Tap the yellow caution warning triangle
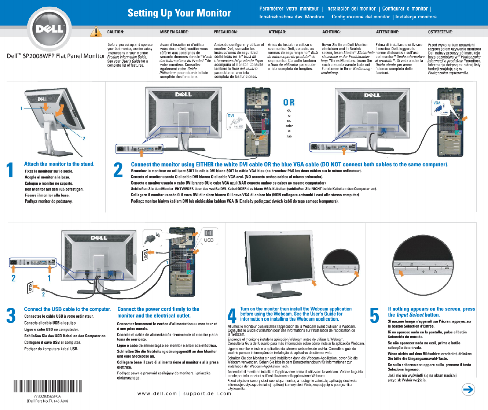click(96, 32)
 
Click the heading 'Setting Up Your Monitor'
click(179, 13)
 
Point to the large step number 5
click(374, 315)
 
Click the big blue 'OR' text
click(289, 103)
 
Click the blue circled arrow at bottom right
click(468, 389)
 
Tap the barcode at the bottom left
click(47, 387)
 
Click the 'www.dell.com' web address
click(157, 394)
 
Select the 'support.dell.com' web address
click(207, 394)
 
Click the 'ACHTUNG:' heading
click(331, 32)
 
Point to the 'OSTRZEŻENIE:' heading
click(440, 32)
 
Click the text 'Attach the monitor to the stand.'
click(59, 164)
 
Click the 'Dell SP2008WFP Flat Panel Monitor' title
click(56, 56)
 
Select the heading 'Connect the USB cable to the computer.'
click(67, 309)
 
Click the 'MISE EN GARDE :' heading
click(175, 32)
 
